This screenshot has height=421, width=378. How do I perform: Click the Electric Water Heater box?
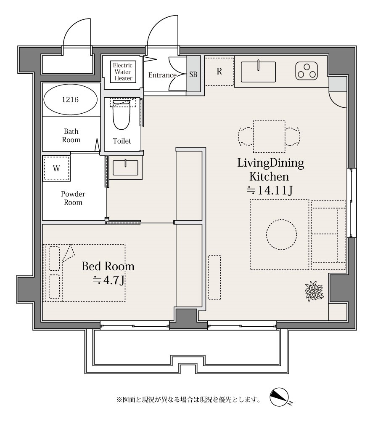click(123, 72)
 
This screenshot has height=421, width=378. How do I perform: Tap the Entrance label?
click(162, 75)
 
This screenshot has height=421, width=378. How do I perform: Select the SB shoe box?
click(193, 75)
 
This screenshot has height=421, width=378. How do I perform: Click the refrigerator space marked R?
click(219, 72)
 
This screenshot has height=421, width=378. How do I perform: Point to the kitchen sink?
click(258, 72)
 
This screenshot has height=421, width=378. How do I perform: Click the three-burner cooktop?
click(307, 71)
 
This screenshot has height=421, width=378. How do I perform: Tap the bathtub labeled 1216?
click(70, 100)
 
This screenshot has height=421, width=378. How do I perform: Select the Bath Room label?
click(71, 136)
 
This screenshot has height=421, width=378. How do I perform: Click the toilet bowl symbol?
click(122, 115)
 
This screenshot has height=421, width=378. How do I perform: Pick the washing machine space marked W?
click(57, 168)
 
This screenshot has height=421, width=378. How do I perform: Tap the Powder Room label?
click(73, 198)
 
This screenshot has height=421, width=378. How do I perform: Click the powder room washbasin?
click(125, 168)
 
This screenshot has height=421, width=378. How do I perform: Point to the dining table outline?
click(269, 137)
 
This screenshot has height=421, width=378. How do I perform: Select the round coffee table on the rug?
click(281, 234)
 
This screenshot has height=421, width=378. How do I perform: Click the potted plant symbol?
click(314, 291)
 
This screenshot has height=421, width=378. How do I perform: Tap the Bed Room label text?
click(108, 266)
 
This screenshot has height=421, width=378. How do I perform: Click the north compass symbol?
click(280, 397)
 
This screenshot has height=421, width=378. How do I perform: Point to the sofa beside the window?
click(328, 235)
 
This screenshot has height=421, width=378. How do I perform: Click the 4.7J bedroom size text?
click(108, 280)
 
